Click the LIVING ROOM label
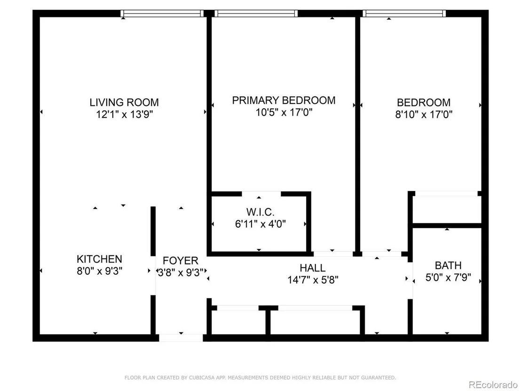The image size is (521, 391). tap(124, 102)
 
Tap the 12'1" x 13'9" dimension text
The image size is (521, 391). tap(124, 114)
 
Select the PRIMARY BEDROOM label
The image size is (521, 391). tap(284, 100)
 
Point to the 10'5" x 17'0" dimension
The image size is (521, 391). tap(284, 112)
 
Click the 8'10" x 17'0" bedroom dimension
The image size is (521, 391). tap(424, 114)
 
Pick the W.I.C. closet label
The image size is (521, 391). tap(260, 212)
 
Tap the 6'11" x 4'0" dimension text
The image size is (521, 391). tap(260, 224)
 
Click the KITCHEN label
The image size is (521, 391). tap(99, 259)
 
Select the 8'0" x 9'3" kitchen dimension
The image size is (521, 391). tap(100, 271)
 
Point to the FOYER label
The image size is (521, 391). tap(181, 260)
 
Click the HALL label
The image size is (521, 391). tap(313, 268)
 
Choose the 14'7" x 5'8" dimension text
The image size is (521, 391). tap(313, 280)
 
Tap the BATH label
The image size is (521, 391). tap(448, 265)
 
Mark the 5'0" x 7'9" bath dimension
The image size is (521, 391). tap(448, 277)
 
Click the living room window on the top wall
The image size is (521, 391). tap(162, 13)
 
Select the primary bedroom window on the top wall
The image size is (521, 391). tap(256, 13)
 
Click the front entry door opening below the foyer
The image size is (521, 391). tap(181, 338)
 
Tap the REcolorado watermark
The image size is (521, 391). tap(493, 385)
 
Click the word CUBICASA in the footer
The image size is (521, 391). tap(202, 378)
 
